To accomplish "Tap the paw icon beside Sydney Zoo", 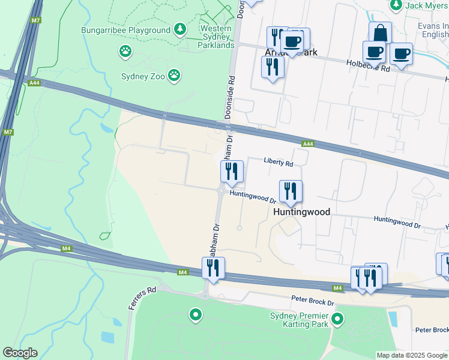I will [x=174, y=75].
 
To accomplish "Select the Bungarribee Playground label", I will [x=126, y=30].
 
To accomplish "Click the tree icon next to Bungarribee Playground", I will [x=179, y=29].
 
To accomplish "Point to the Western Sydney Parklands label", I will [x=217, y=37].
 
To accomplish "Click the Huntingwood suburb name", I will [x=301, y=212].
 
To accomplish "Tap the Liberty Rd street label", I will [x=279, y=163].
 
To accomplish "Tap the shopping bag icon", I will [x=380, y=32].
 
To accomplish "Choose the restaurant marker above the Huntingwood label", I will [x=291, y=191].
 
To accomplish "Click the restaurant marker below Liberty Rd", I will [x=231, y=172].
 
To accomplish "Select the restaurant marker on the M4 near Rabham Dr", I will [x=213, y=268].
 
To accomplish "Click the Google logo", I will [x=20, y=353].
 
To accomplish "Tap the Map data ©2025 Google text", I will [x=411, y=355].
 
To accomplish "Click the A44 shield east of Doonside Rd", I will [x=308, y=143].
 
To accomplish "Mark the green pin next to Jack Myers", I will [x=396, y=5].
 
